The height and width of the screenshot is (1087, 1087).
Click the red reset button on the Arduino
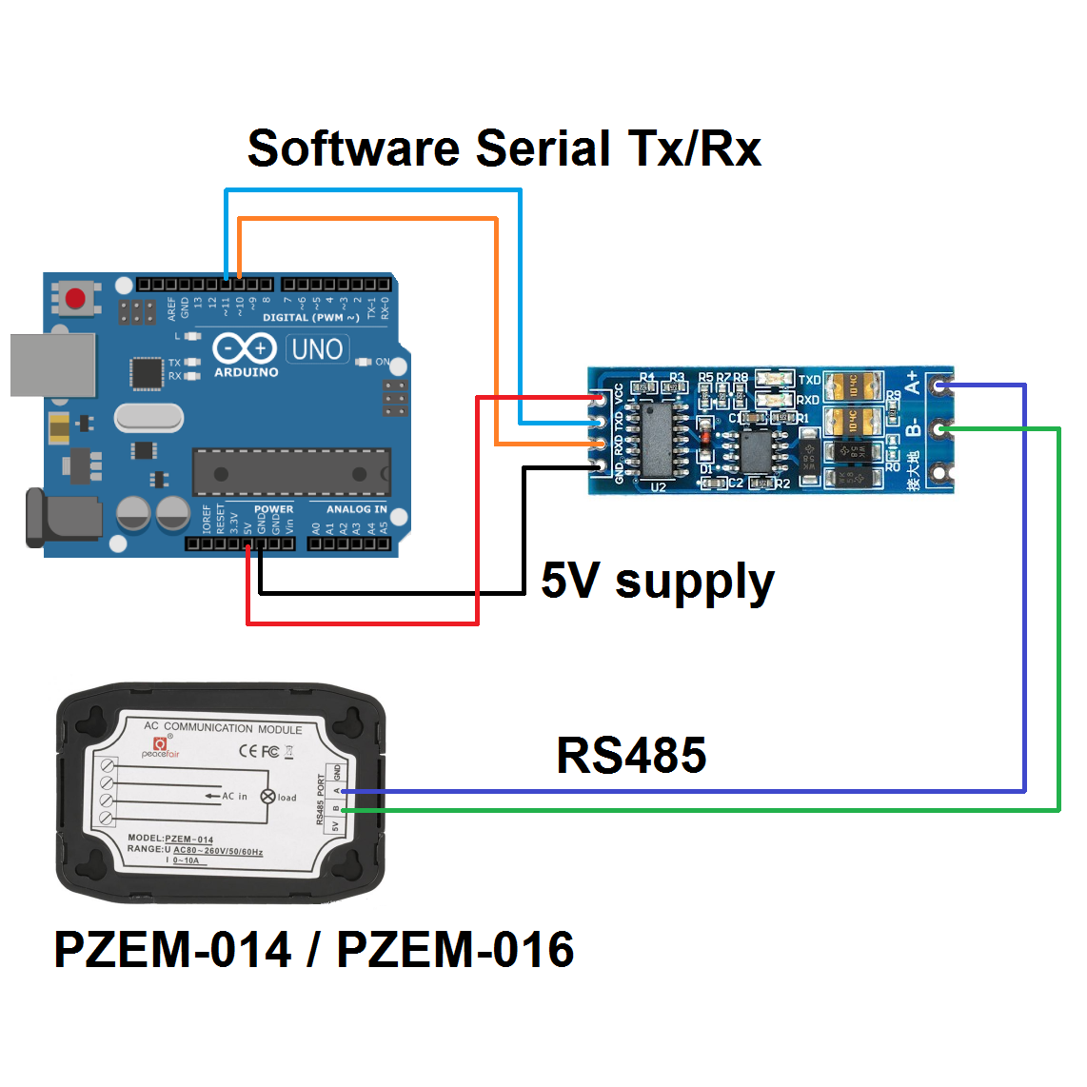click(x=75, y=299)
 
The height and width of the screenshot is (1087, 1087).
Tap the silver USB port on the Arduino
click(x=53, y=365)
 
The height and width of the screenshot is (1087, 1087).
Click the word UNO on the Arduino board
click(x=317, y=349)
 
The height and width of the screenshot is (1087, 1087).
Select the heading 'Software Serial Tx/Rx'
click(x=504, y=148)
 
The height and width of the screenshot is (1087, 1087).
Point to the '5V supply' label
click(x=657, y=581)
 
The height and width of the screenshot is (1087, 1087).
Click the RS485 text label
click(x=631, y=756)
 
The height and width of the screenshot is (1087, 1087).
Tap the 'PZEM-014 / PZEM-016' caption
click(x=314, y=950)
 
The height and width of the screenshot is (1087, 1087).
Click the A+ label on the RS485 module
click(x=912, y=383)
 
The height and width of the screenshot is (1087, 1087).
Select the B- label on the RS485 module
click(x=912, y=426)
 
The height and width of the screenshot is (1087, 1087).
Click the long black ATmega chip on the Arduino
click(x=291, y=473)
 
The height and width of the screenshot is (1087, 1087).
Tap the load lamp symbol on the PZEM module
click(x=267, y=797)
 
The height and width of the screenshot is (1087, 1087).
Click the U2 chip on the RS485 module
click(x=656, y=439)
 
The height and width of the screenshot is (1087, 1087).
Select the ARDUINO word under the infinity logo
click(x=246, y=372)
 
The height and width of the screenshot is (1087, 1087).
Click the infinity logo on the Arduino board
click(x=245, y=348)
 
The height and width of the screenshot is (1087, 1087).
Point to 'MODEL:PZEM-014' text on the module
click(x=170, y=839)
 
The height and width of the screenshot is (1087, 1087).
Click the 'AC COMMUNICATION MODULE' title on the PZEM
click(x=223, y=728)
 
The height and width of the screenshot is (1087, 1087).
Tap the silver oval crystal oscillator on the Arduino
click(x=148, y=417)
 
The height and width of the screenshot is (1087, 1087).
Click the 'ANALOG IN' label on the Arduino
click(x=356, y=509)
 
